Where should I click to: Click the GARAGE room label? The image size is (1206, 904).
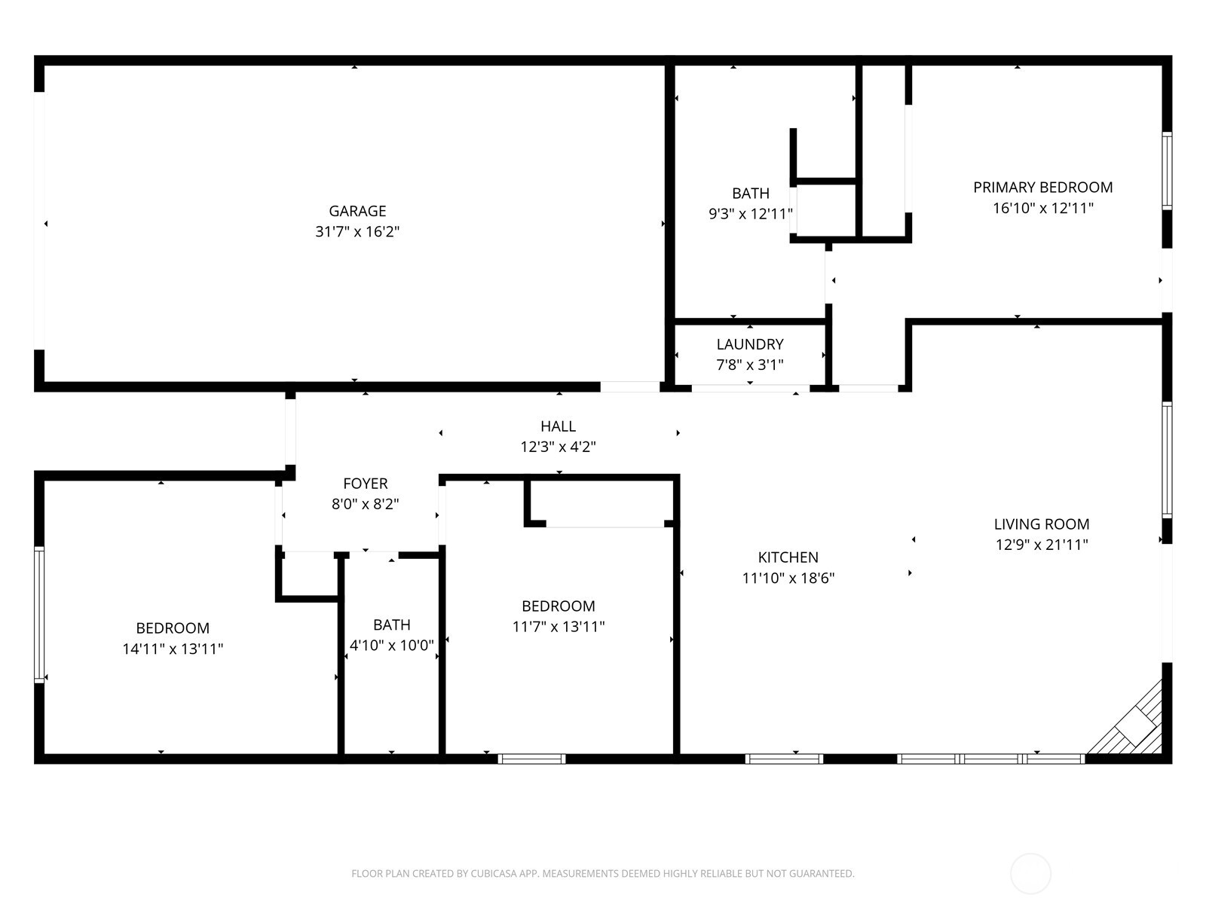click(x=357, y=211)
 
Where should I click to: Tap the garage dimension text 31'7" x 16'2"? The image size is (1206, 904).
click(x=357, y=231)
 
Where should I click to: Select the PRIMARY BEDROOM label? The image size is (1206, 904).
click(x=1042, y=187)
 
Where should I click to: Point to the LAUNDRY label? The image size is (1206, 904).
click(x=750, y=344)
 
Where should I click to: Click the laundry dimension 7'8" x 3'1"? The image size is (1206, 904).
click(x=750, y=365)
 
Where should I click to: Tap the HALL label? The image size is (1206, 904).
click(x=558, y=426)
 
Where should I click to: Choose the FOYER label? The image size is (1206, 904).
click(x=366, y=484)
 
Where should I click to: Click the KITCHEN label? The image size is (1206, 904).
click(x=788, y=557)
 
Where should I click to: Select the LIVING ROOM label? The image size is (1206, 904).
click(x=1042, y=524)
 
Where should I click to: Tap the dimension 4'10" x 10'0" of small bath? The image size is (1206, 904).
click(x=392, y=646)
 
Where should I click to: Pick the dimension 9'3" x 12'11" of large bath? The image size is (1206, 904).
click(x=751, y=214)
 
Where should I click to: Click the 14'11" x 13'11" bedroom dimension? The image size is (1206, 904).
click(x=173, y=649)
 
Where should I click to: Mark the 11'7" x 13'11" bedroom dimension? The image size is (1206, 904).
click(x=559, y=626)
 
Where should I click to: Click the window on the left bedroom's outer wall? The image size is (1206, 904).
click(x=39, y=615)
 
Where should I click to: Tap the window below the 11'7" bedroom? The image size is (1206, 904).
click(x=531, y=759)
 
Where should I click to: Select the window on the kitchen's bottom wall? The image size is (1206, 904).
click(x=784, y=759)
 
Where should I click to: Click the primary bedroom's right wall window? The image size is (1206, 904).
click(x=1166, y=170)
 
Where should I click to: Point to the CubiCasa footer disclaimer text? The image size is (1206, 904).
click(x=602, y=874)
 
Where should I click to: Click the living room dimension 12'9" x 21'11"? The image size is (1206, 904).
click(x=1042, y=545)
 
